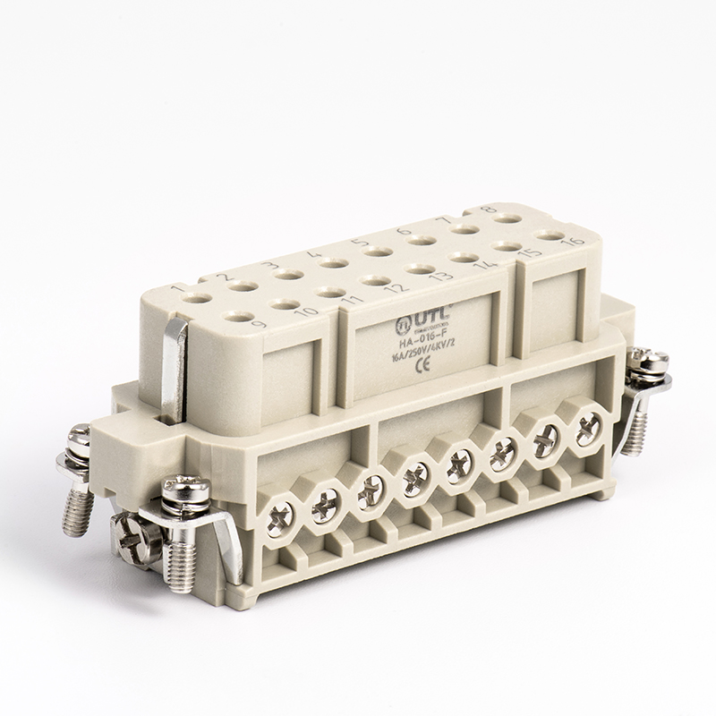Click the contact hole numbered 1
[x=197, y=299]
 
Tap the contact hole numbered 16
[x=548, y=234]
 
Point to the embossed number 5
[x=356, y=242]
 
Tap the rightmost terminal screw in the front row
[x=588, y=428]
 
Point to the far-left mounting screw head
[x=77, y=440]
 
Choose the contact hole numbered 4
[x=333, y=263]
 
